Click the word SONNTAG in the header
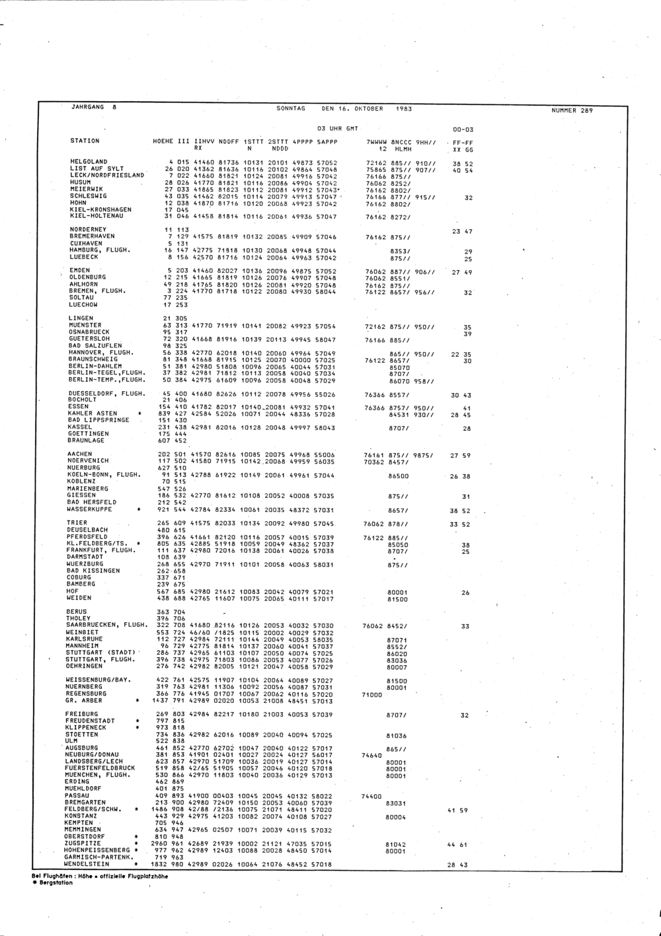291,108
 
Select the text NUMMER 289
572,110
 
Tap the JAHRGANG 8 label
93,107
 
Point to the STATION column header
85,141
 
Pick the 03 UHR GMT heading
338,128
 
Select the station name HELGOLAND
89,162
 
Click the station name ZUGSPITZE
81,844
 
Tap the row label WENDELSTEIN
85,864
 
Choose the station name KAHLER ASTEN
93,414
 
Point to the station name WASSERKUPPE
89,509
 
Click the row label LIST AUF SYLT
97,168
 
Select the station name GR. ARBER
83,700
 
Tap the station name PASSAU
77,795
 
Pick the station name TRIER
77,523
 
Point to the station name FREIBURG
81,714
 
